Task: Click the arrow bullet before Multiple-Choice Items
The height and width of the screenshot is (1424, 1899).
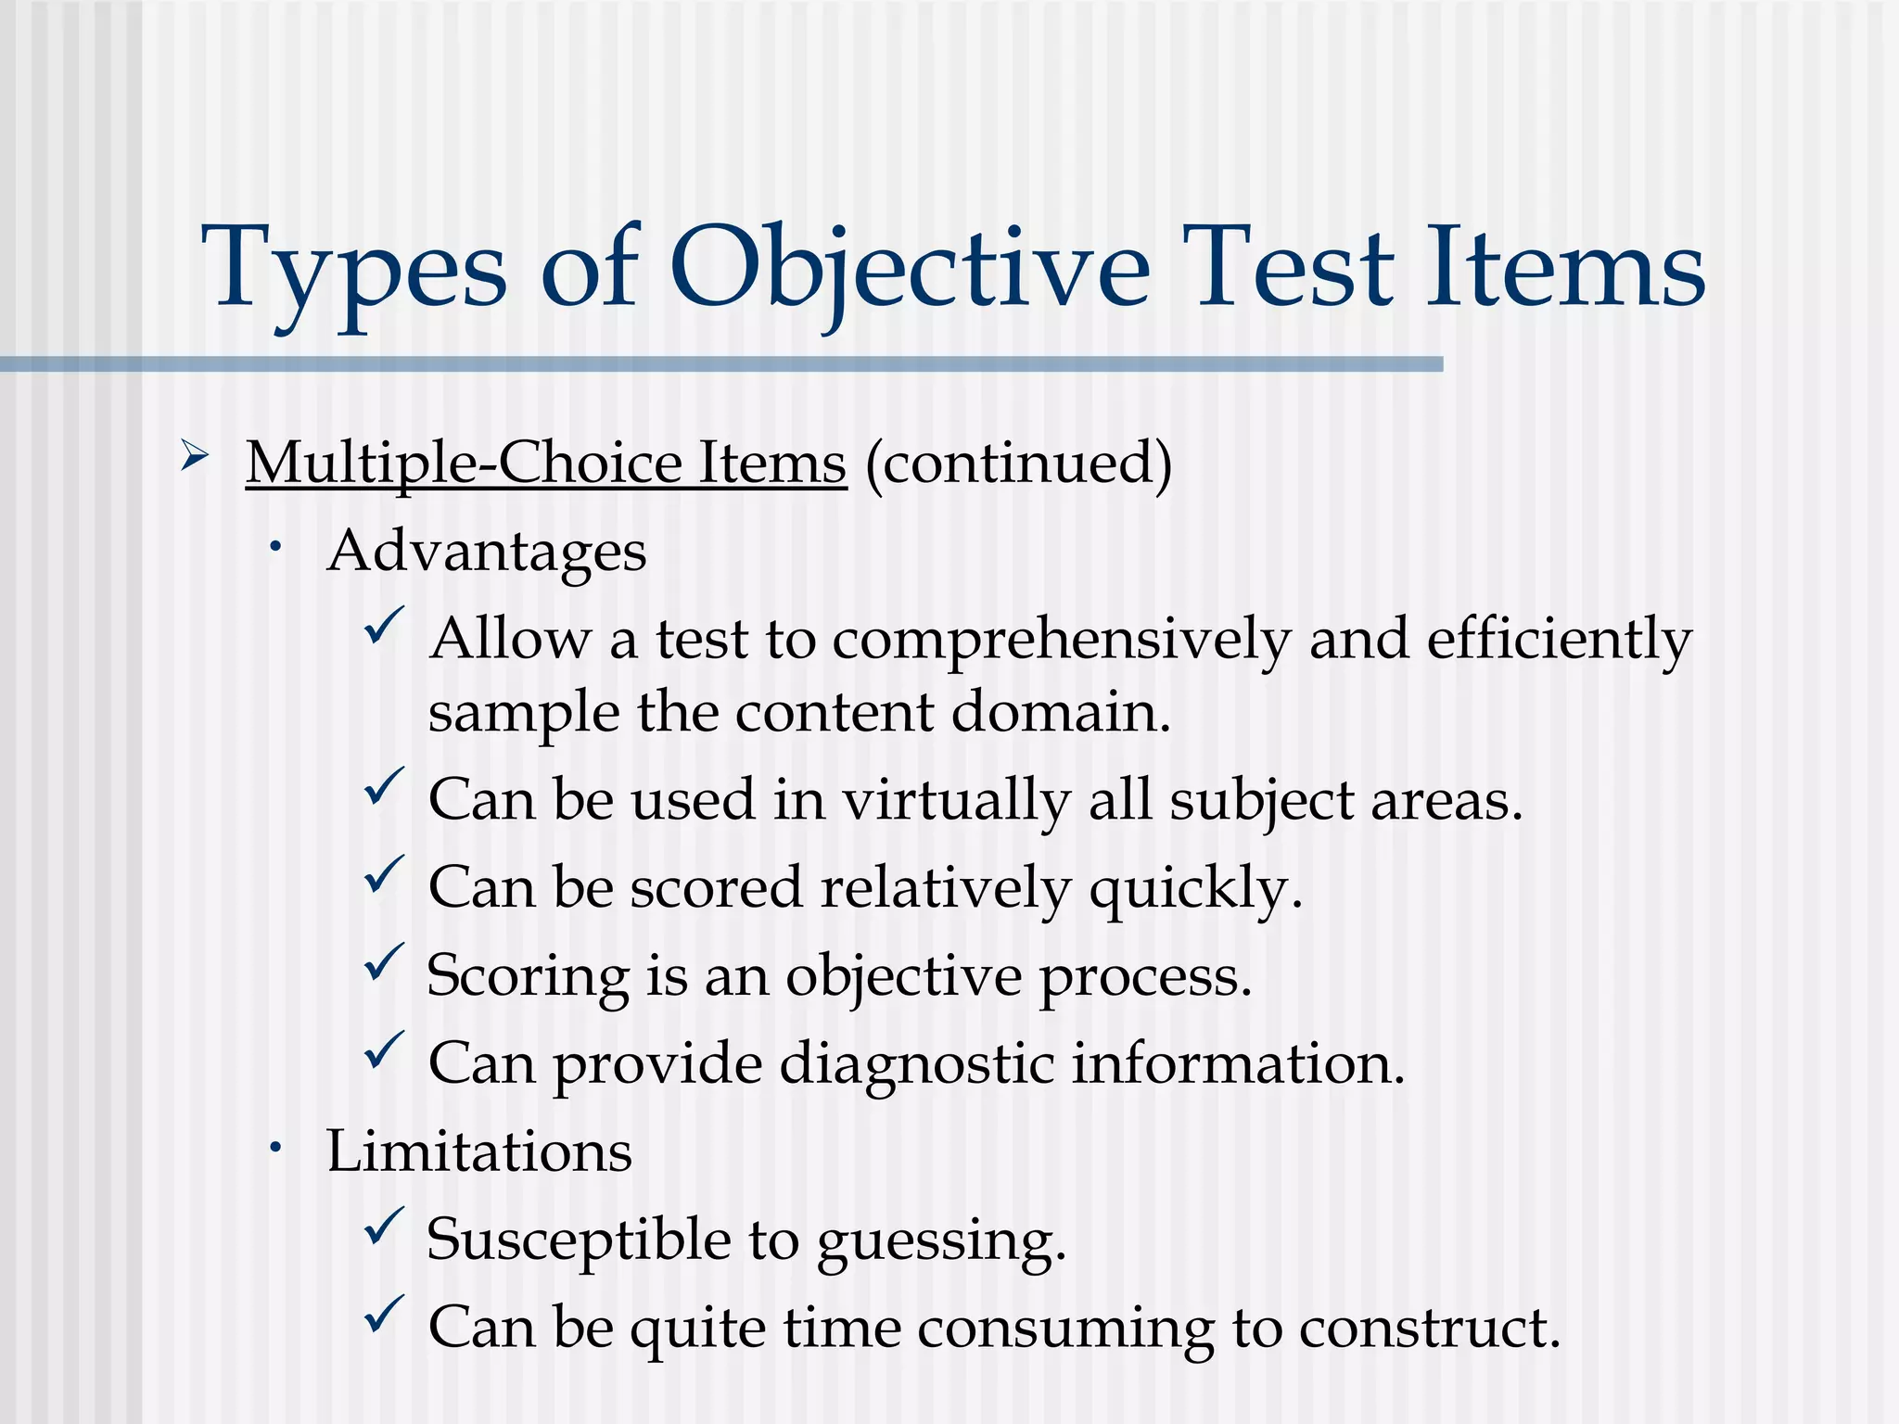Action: coord(194,455)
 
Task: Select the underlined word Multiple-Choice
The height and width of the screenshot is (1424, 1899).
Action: coord(465,463)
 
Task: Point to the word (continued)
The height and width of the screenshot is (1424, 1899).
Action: coord(1018,463)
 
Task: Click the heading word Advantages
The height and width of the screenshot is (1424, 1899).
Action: coord(486,552)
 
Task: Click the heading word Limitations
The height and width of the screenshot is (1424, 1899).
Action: coord(478,1152)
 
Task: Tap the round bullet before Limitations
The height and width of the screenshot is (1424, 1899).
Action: coord(275,1149)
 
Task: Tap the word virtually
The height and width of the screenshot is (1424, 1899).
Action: coord(956,800)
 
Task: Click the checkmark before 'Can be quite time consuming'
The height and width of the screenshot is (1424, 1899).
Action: coord(383,1314)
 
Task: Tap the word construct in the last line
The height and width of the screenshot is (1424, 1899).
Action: coord(1428,1329)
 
